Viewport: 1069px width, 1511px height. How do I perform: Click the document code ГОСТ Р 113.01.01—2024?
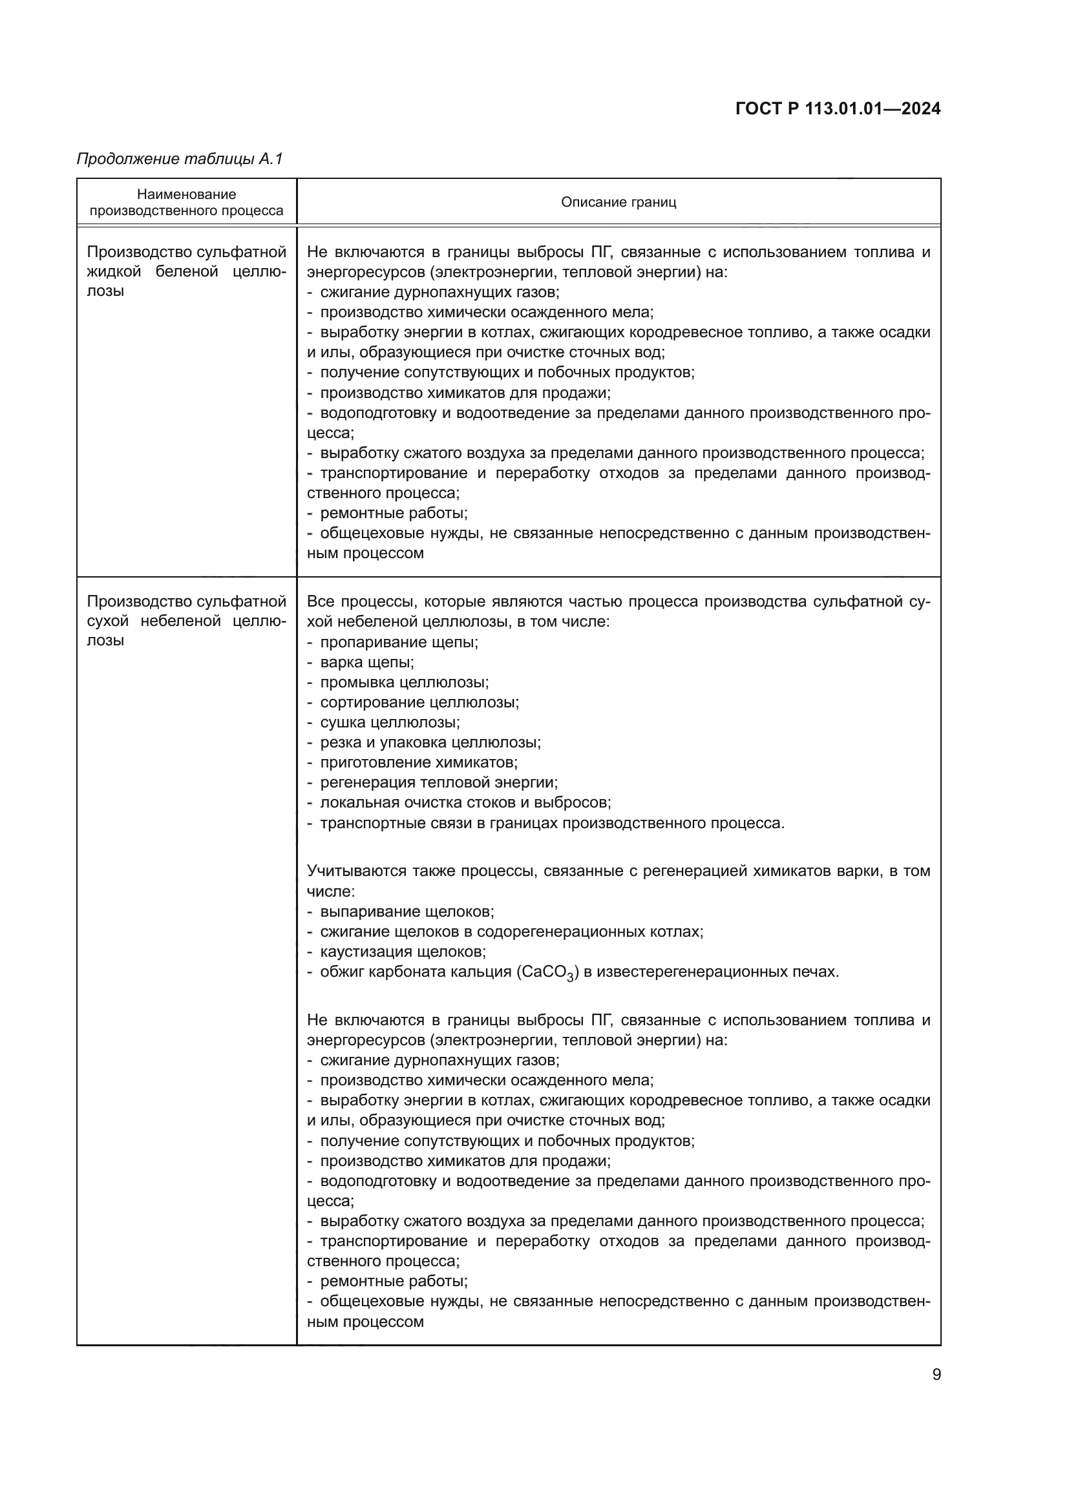pos(837,109)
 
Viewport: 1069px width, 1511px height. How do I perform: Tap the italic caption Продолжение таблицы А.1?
pos(180,159)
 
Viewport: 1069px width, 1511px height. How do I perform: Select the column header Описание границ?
pos(618,202)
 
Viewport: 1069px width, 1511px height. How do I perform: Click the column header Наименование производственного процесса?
pos(186,202)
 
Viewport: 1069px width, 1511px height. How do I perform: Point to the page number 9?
pos(936,1374)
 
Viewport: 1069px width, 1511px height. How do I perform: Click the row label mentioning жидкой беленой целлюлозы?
pos(186,271)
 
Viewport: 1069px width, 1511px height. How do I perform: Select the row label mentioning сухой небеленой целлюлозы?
pos(186,621)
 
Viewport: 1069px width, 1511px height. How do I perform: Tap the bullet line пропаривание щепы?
pos(399,641)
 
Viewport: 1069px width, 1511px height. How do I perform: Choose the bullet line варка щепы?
pos(366,662)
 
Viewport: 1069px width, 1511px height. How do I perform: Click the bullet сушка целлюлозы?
pos(390,722)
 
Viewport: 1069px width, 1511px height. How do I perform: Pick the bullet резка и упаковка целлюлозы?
pos(430,742)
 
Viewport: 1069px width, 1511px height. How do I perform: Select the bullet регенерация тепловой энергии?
pos(438,782)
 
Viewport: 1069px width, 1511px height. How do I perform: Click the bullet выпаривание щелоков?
pos(407,912)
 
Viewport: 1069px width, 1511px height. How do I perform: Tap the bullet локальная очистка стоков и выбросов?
pos(465,802)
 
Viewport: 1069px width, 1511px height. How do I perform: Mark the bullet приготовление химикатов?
pos(419,762)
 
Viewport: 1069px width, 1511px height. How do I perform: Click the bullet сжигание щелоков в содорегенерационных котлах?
pos(511,932)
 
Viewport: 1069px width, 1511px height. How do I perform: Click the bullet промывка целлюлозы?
pos(404,682)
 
